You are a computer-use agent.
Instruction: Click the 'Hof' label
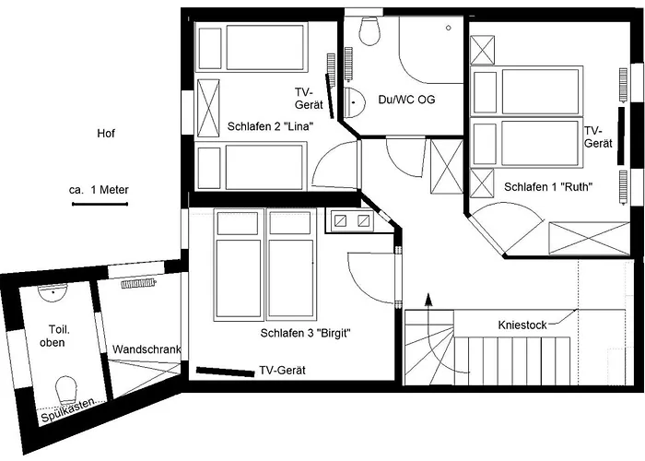point(106,134)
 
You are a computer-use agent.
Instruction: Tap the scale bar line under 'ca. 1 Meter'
point(100,204)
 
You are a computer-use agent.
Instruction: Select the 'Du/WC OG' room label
point(406,100)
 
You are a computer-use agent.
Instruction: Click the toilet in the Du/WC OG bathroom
point(370,31)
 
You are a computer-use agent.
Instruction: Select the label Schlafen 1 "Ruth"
point(547,186)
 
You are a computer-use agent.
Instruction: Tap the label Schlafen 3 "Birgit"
point(307,334)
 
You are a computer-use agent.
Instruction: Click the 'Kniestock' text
point(522,325)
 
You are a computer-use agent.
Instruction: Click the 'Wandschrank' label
point(146,350)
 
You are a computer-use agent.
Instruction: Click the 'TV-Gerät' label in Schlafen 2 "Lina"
point(305,99)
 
